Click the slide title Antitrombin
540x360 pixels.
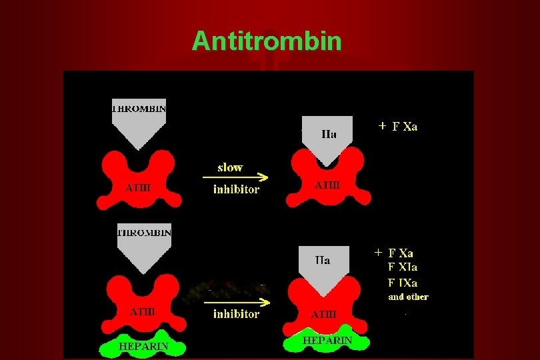[x=267, y=41]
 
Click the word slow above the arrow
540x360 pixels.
[x=230, y=167]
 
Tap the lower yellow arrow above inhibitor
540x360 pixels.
[x=237, y=302]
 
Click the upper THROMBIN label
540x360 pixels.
[x=139, y=107]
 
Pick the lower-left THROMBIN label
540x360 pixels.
[x=144, y=233]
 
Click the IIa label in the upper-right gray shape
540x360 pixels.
[x=329, y=133]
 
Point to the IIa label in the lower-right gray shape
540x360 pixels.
[x=323, y=260]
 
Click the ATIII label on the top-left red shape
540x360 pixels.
[x=138, y=187]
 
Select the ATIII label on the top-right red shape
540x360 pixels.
[x=327, y=185]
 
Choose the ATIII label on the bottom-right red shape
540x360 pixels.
[x=324, y=313]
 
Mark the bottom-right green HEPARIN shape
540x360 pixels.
[x=327, y=339]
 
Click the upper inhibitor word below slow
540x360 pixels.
[x=236, y=189]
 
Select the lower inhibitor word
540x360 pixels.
[x=236, y=314]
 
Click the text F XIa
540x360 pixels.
[x=403, y=267]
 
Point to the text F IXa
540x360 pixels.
[x=403, y=282]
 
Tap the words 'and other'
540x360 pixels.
[x=408, y=297]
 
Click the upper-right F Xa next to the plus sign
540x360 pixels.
[x=405, y=127]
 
